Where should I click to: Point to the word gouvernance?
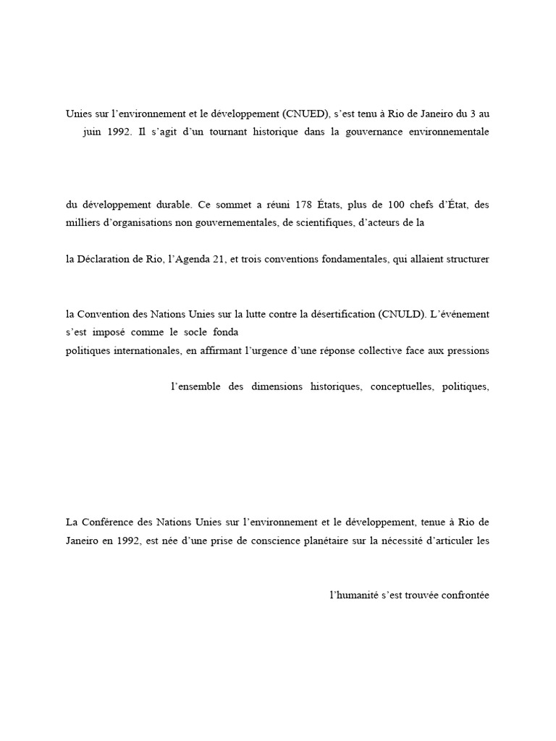pyautogui.click(x=373, y=132)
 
